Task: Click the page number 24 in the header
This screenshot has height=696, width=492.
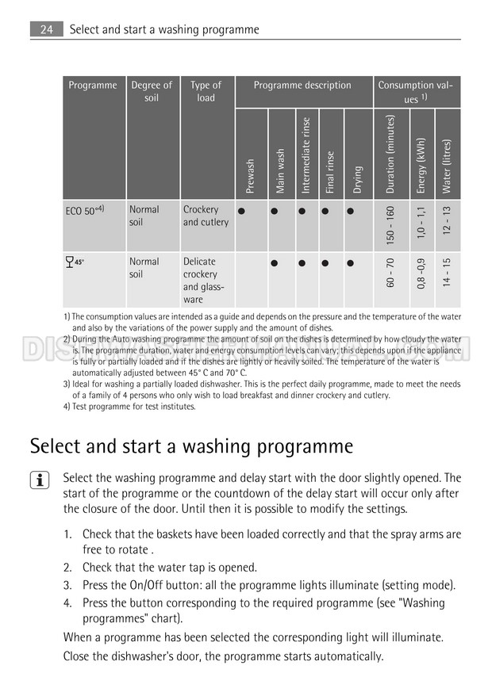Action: click(x=45, y=29)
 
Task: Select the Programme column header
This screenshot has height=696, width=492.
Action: click(x=93, y=86)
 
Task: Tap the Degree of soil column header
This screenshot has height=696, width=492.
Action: click(x=152, y=91)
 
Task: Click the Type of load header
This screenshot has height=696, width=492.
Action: click(x=206, y=91)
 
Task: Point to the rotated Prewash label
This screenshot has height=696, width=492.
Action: click(x=251, y=176)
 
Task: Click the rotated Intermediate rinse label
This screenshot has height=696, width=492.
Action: click(x=306, y=155)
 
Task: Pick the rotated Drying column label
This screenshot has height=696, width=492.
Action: click(x=358, y=179)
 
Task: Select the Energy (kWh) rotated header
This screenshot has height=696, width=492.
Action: click(x=421, y=165)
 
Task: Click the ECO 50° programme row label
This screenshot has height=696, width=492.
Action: click(x=84, y=211)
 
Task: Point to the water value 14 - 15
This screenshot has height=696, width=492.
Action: click(x=447, y=272)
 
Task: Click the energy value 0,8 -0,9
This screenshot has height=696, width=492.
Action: click(x=421, y=272)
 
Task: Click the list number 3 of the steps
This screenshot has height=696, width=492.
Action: click(x=68, y=585)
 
